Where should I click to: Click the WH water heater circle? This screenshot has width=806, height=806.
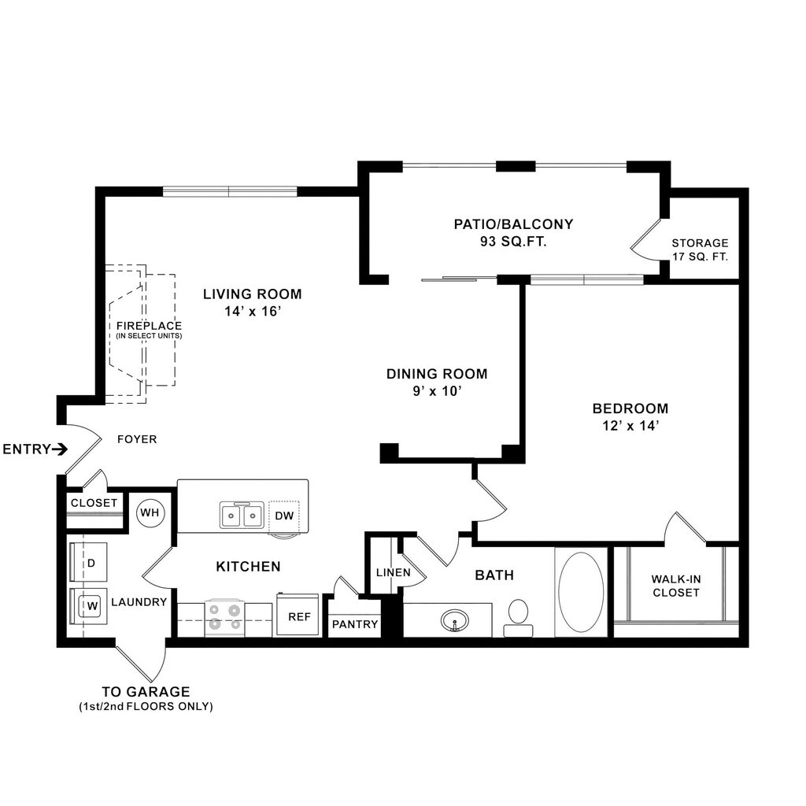tap(150, 512)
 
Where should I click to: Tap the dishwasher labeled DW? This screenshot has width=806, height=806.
tap(284, 516)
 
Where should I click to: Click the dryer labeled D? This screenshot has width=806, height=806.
tap(89, 562)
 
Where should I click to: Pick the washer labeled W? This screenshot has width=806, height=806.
tap(89, 605)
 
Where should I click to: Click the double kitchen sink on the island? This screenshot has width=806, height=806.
tap(242, 515)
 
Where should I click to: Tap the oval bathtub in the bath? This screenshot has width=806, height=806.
tap(581, 592)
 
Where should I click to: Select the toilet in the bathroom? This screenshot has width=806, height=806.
tap(518, 619)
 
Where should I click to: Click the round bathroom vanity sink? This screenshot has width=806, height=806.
tap(454, 620)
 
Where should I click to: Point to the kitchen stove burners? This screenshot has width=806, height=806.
tap(224, 617)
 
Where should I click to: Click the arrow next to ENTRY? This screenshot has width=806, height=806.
tap(60, 449)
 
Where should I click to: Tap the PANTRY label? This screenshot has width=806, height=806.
tap(355, 624)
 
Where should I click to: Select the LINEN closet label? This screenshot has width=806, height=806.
tap(394, 572)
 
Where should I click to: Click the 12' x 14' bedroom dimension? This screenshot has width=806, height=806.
tap(630, 426)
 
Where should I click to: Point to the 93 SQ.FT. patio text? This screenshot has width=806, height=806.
tap(513, 241)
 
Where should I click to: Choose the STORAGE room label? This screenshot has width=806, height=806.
tap(700, 242)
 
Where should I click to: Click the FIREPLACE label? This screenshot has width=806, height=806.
tap(149, 325)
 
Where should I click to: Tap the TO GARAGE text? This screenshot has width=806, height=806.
tap(146, 691)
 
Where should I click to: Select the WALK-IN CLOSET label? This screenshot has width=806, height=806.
tap(676, 586)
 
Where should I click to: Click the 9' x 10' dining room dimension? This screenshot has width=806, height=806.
tap(437, 391)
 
